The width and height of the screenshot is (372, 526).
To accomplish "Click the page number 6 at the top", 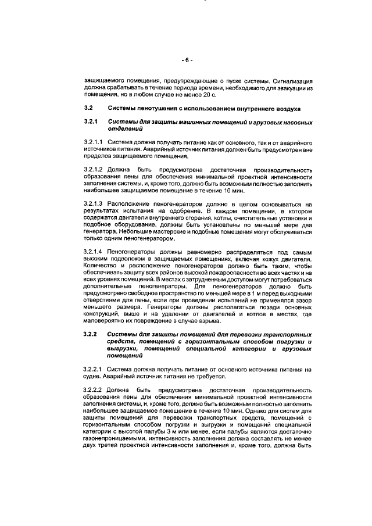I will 186,59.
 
